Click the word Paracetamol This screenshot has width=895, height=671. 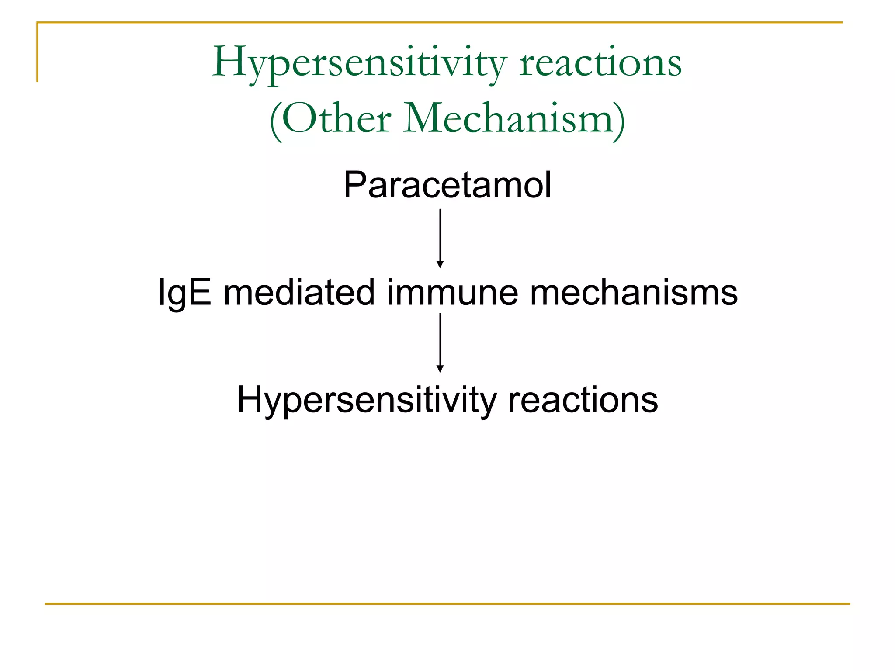coord(447,185)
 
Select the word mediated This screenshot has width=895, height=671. coord(299,293)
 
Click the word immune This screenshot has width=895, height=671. coord(452,293)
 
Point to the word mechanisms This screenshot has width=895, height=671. coord(634,293)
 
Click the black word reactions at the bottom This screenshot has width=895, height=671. coord(583,400)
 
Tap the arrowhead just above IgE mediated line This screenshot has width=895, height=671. coord(440,264)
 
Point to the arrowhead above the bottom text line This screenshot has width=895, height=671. coord(440,369)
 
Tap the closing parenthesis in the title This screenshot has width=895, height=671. coord(619,121)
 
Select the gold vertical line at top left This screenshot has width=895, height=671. coord(38,52)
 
